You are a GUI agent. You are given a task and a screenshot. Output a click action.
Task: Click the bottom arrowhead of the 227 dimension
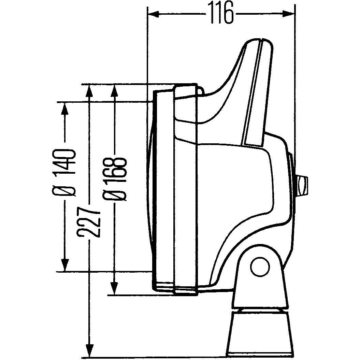coord(89,351)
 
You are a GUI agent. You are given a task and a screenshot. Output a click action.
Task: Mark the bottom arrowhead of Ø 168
coord(115,288)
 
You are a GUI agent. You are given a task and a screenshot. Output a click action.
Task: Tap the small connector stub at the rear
coord(302,186)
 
